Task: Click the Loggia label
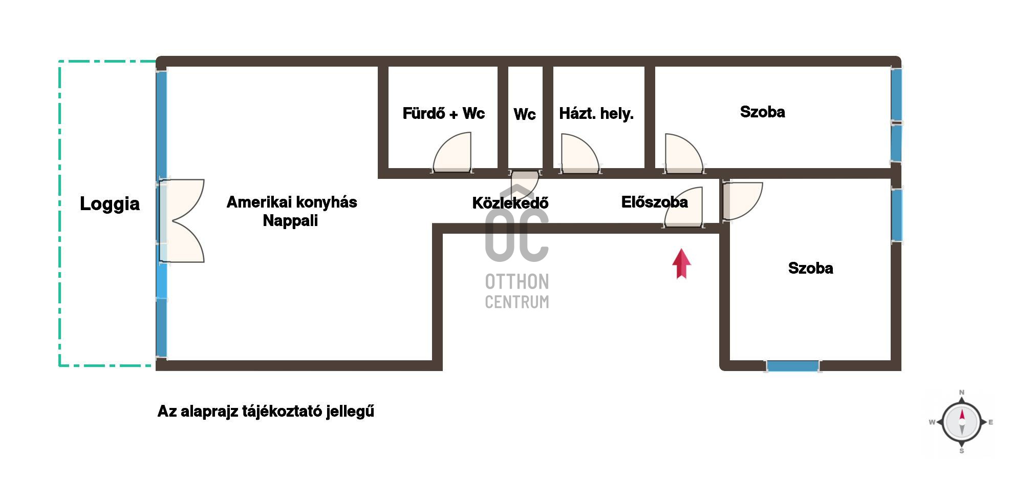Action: (x=110, y=204)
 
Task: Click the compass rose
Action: (x=961, y=422)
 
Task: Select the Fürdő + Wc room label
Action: (x=443, y=113)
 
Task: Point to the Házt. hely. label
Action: (x=596, y=113)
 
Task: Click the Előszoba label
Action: (x=654, y=202)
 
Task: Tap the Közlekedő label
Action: (x=510, y=203)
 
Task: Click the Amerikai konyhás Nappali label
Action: (x=291, y=211)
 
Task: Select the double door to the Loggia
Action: (x=182, y=221)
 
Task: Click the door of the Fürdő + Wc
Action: (x=452, y=152)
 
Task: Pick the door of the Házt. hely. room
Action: (x=580, y=153)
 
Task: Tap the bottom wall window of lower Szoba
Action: (x=792, y=366)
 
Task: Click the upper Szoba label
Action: (x=762, y=112)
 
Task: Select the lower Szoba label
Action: (x=810, y=268)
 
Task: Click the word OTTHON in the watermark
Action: (x=517, y=282)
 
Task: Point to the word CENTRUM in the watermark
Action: (x=517, y=302)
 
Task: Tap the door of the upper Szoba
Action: (x=684, y=153)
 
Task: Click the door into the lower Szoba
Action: (x=742, y=201)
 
